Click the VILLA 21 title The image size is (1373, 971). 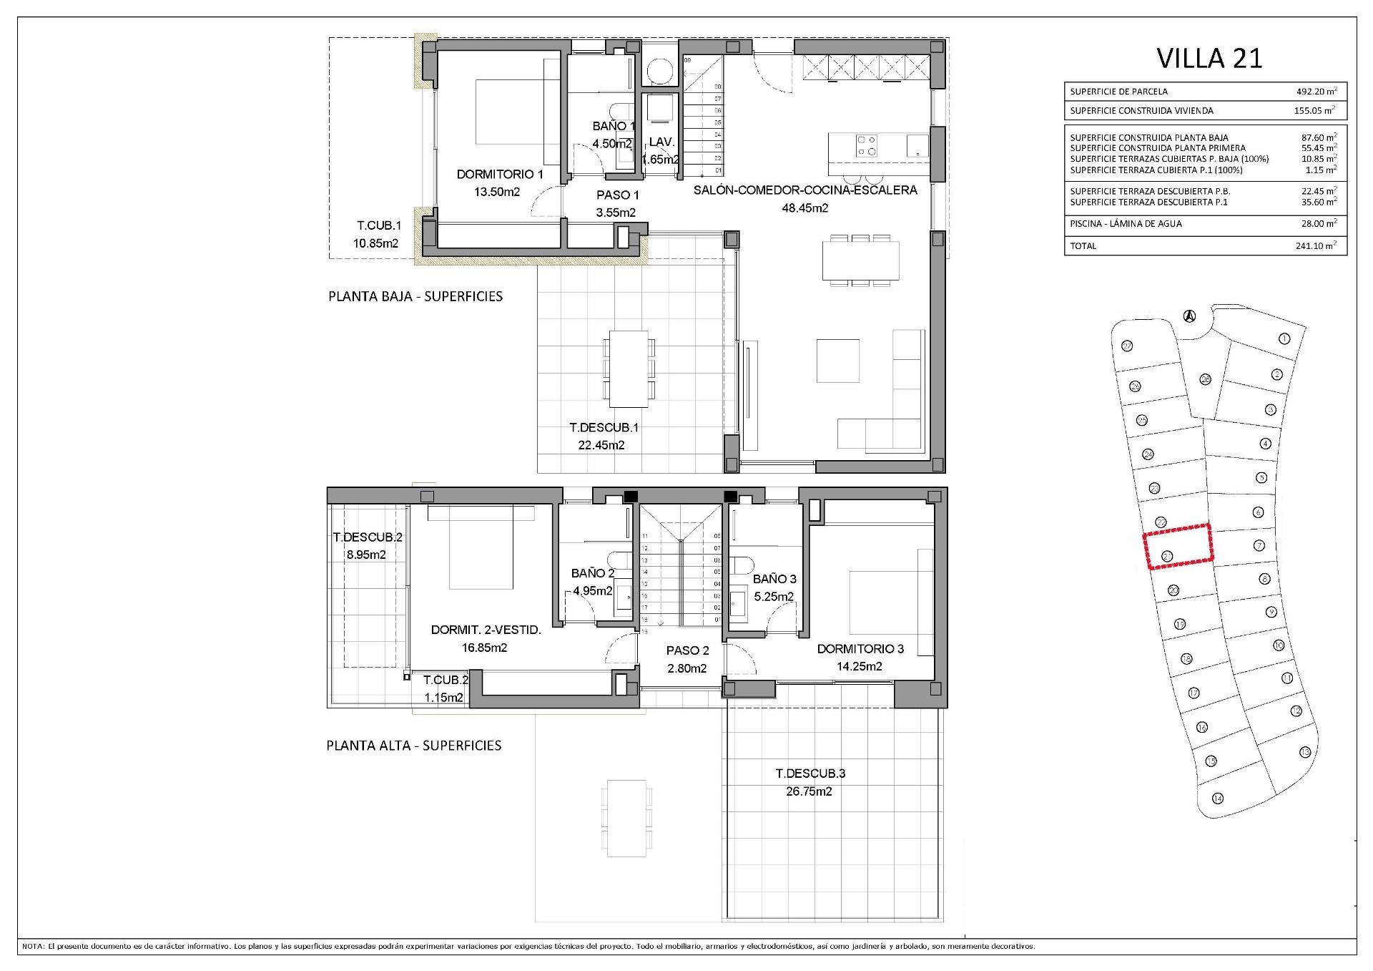click(x=1209, y=59)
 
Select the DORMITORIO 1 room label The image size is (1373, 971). click(x=500, y=175)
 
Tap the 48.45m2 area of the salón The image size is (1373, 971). click(x=805, y=208)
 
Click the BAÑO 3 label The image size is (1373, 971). click(x=774, y=579)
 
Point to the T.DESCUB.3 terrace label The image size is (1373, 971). click(x=810, y=774)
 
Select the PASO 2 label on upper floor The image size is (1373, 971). click(x=687, y=650)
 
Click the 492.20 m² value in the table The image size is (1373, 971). click(x=1317, y=92)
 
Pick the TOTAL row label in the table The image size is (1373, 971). click(x=1083, y=246)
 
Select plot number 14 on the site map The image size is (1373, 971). click(x=1218, y=799)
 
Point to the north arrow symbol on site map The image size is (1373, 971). click(x=1189, y=315)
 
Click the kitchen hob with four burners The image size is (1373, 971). click(x=867, y=146)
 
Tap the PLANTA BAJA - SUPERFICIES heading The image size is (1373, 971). click(x=415, y=296)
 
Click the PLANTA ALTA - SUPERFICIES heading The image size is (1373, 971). click(x=414, y=746)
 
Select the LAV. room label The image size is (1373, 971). click(x=661, y=142)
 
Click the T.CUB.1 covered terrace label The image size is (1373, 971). click(x=378, y=225)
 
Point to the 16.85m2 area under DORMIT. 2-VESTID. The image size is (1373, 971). click(x=484, y=648)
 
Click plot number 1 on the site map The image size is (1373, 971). click(x=1284, y=338)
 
